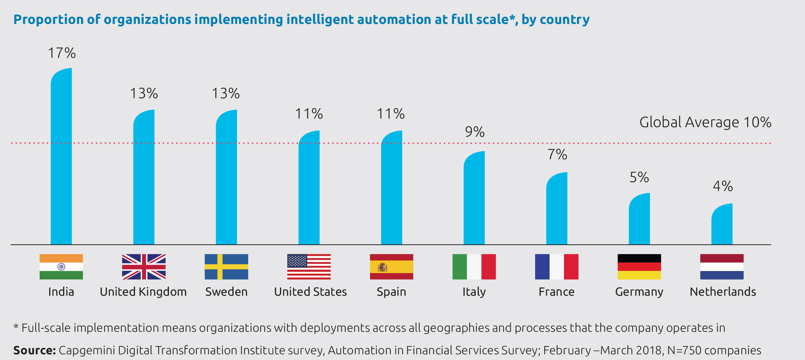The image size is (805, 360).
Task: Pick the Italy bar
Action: point(474,198)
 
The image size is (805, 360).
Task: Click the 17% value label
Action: point(62,53)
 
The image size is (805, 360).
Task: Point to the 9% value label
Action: point(475,132)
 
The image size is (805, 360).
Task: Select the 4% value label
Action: point(722,186)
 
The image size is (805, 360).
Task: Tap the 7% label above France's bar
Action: point(557,155)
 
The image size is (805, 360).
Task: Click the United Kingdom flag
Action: point(144,267)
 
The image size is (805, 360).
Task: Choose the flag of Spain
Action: point(391,267)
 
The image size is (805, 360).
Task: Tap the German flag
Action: point(639,267)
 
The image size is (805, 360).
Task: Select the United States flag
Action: point(309,267)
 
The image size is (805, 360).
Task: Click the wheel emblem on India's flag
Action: point(61,266)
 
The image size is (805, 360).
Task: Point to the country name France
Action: point(556,292)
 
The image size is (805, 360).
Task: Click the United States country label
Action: point(310,292)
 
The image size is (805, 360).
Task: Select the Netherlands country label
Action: point(723,292)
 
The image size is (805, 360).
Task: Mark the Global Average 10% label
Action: point(705,122)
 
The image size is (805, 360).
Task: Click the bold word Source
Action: point(34,350)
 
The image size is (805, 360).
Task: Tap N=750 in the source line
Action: point(683,350)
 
